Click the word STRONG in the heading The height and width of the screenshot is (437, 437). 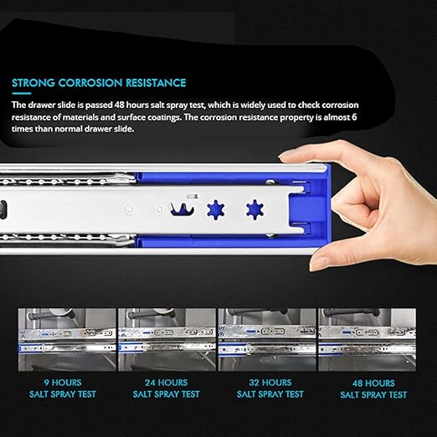tap(33, 83)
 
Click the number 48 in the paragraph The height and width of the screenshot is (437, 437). tap(120, 105)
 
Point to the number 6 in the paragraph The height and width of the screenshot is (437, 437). tap(354, 117)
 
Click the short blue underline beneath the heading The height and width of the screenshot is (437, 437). tap(22, 94)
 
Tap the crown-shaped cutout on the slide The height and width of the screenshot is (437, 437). tap(183, 209)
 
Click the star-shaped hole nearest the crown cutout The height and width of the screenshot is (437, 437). tap(216, 209)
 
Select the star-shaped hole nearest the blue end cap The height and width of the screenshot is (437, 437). tap(254, 209)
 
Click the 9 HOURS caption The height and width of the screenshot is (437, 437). tap(63, 383)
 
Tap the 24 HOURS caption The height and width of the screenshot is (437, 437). tap(166, 383)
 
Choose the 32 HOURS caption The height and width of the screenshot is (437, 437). tap(270, 383)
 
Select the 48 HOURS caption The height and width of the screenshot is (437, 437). tap(373, 383)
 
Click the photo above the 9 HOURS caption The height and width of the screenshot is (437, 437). tap(67, 340)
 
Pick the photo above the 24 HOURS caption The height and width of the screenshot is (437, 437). tap(167, 340)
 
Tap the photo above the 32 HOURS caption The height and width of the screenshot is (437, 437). tap(267, 340)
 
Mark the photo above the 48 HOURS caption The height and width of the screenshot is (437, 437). tap(367, 340)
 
